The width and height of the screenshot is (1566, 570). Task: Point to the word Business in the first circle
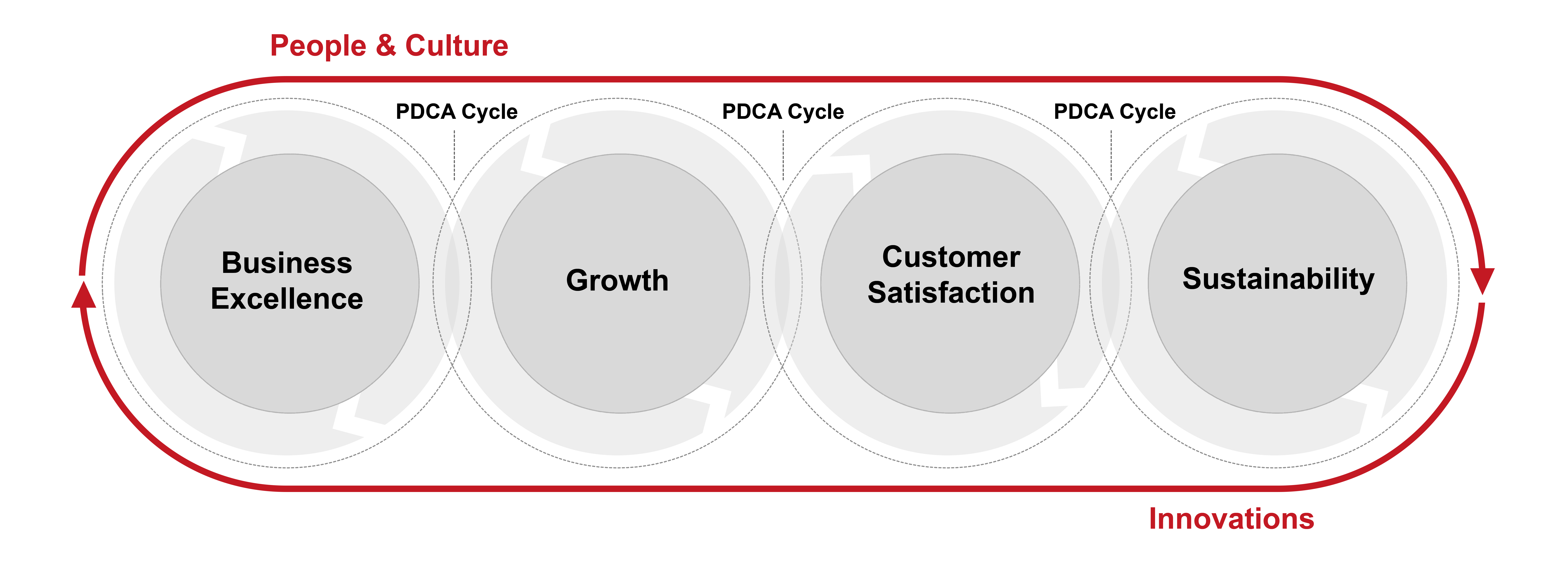click(x=287, y=263)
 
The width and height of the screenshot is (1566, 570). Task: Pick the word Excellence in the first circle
click(x=287, y=299)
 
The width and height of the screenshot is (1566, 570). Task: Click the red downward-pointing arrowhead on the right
click(x=1483, y=281)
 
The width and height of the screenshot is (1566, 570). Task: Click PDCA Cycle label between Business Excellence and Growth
click(x=457, y=112)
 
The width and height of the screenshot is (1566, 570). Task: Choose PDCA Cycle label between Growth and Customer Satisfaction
click(x=783, y=112)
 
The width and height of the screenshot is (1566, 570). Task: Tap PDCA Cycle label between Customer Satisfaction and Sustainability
click(x=1115, y=112)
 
